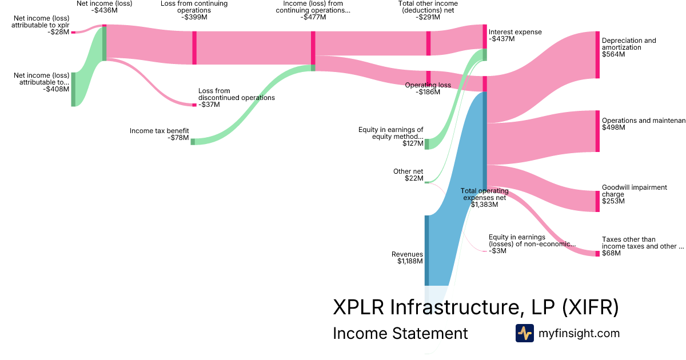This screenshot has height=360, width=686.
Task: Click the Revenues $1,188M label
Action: [x=407, y=258]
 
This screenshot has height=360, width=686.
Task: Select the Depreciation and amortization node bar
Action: [x=597, y=54]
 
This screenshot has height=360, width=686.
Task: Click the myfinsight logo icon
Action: [x=524, y=333]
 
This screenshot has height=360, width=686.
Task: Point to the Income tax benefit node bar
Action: [x=193, y=141]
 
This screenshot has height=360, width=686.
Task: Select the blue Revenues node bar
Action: [x=426, y=250]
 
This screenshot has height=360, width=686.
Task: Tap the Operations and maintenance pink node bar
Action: [x=597, y=131]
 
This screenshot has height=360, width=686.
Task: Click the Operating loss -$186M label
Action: [x=428, y=89]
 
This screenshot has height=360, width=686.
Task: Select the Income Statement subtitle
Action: [x=400, y=333]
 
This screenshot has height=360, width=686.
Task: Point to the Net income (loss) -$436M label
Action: [x=104, y=7]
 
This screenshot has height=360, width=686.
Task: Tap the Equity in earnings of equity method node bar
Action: [x=426, y=143]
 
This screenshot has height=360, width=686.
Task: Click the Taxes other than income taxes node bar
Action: [x=597, y=253]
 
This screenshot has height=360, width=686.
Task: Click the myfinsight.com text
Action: [x=579, y=333]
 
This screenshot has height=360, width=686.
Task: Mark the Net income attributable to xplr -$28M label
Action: [x=41, y=25]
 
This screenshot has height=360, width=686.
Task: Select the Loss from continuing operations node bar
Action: [x=194, y=47]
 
